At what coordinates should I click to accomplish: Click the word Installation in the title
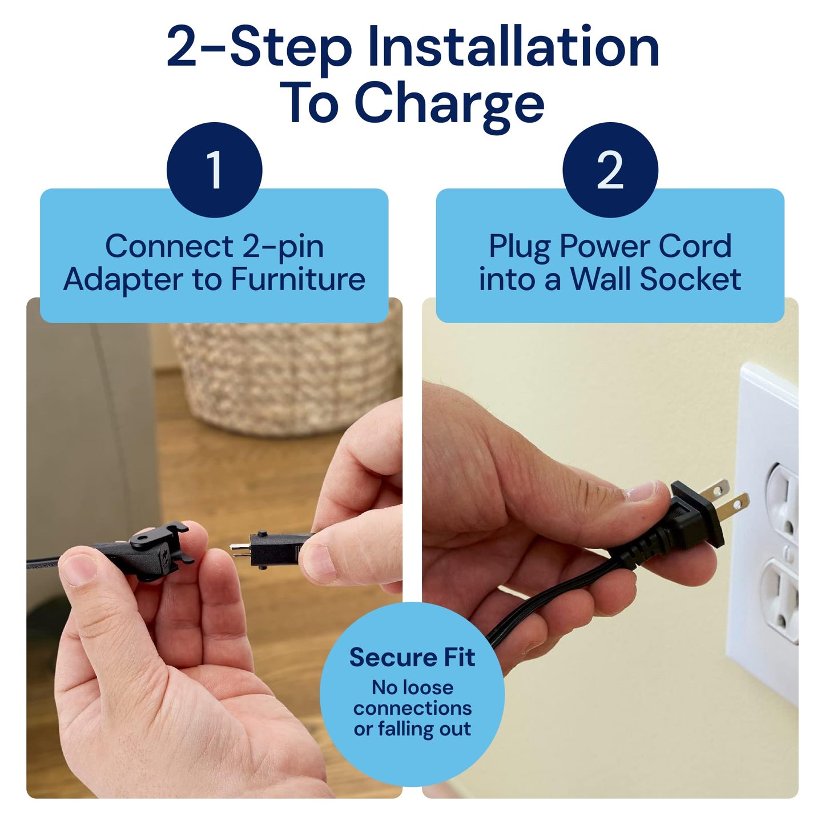[x=513, y=48]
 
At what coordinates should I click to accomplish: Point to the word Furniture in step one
[x=297, y=280]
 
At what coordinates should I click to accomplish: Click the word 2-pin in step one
[x=283, y=247]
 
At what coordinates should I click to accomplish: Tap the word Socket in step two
[x=690, y=280]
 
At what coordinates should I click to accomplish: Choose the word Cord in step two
[x=695, y=247]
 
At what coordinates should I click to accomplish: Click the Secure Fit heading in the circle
[x=412, y=658]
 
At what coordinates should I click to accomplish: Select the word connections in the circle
[x=412, y=708]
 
